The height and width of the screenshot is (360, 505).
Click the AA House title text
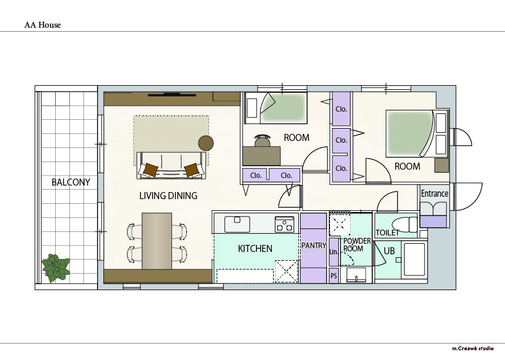pyautogui.click(x=42, y=25)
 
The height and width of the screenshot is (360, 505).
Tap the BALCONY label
pyautogui.click(x=71, y=182)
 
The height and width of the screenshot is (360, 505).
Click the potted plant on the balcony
pyautogui.click(x=56, y=268)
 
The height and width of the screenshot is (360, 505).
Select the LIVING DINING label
pyautogui.click(x=168, y=196)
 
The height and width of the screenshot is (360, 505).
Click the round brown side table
pyautogui.click(x=206, y=143)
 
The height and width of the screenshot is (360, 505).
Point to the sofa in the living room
pyautogui.click(x=171, y=166)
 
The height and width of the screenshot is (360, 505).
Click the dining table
pyautogui.click(x=157, y=241)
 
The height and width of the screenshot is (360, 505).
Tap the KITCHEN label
pyautogui.click(x=255, y=248)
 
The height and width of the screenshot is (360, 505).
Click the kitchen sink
pyautogui.click(x=237, y=224)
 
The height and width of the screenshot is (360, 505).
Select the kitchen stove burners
pyautogui.click(x=284, y=224)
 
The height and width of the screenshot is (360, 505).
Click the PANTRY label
pyautogui.click(x=314, y=245)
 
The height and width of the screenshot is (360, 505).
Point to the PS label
pyautogui.click(x=334, y=276)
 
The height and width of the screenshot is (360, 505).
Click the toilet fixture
pyautogui.click(x=404, y=224)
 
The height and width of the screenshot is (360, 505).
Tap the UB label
pyautogui.click(x=389, y=251)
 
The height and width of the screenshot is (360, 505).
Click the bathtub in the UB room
pyautogui.click(x=414, y=260)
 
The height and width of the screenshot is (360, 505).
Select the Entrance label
pyautogui.click(x=435, y=194)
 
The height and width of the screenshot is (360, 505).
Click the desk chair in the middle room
pyautogui.click(x=262, y=140)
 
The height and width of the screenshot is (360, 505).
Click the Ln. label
pyautogui.click(x=334, y=252)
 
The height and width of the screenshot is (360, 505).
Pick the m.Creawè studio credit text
pyautogui.click(x=473, y=348)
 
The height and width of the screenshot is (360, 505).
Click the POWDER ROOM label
pyautogui.click(x=357, y=245)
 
